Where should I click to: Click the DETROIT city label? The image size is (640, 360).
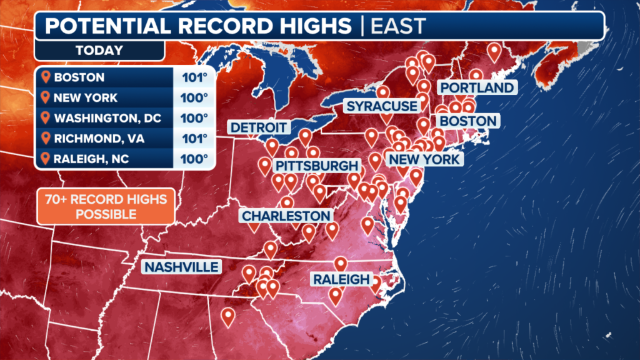click(259, 128)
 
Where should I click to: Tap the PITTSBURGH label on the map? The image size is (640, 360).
click(317, 166)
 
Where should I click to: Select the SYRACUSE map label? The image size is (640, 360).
click(381, 106)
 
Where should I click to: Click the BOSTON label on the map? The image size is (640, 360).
click(468, 121)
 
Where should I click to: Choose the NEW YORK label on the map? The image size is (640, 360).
click(424, 159)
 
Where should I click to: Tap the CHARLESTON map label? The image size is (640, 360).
click(286, 216)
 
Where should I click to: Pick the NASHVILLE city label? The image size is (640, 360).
click(182, 267)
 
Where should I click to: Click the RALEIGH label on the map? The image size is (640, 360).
click(342, 279)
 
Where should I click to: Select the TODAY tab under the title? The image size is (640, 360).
click(99, 50)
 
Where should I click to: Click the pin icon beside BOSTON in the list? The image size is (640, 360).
click(45, 78)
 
